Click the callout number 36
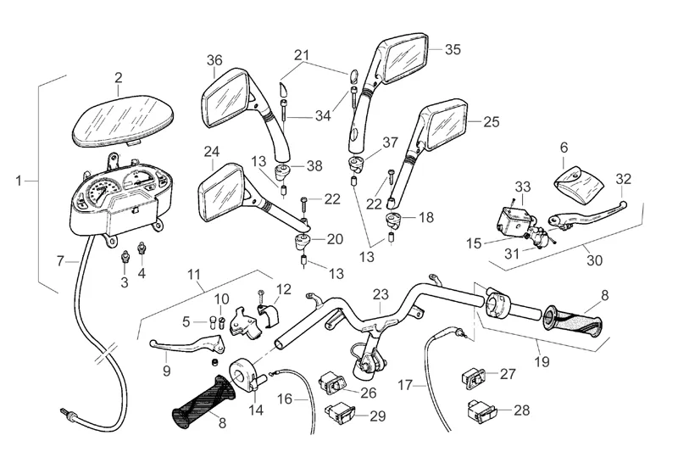pos(214,60)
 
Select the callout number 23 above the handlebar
pos(381,295)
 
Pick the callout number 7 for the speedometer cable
pos(60,260)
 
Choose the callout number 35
pos(453,49)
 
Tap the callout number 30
pos(595,261)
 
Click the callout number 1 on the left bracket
pos(19,180)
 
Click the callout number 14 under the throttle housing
pos(256,410)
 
